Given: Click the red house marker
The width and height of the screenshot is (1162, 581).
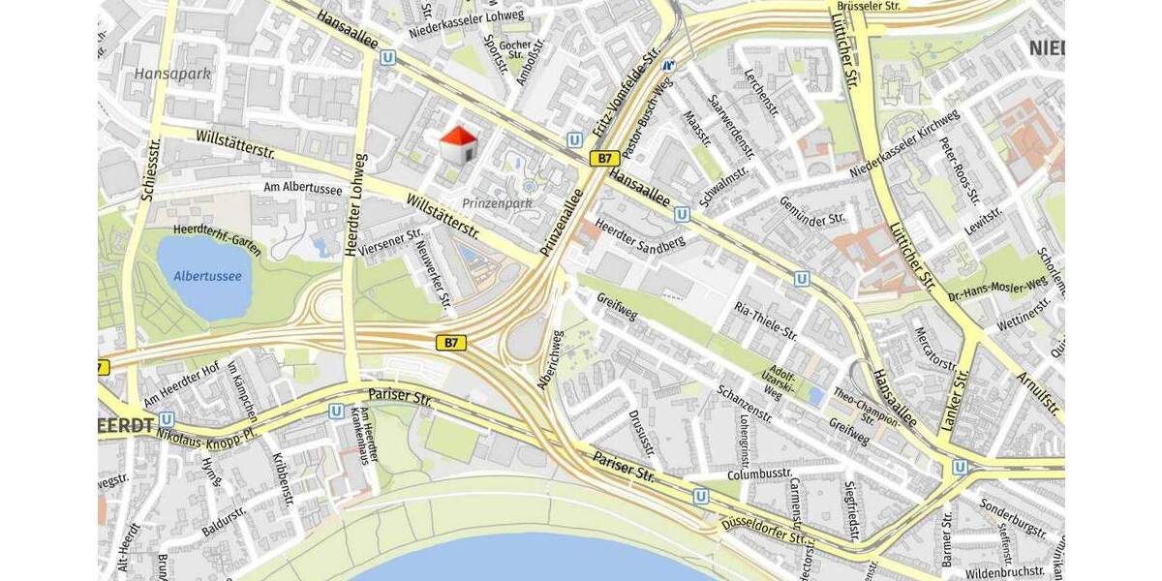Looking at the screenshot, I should click(459, 145).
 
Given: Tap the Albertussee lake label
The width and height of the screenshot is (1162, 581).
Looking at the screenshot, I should click(207, 276).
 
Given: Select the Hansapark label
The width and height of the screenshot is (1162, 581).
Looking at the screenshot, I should click(172, 74).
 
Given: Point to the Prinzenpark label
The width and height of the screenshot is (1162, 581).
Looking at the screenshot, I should click(497, 203).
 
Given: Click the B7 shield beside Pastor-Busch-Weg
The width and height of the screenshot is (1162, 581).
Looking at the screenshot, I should click(605, 158).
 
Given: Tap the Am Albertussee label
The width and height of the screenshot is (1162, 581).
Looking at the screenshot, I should click(303, 189).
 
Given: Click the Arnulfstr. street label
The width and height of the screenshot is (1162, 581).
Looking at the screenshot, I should click(1037, 392).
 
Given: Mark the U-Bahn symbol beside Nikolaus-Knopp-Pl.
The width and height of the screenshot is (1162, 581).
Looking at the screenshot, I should click(167, 419).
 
